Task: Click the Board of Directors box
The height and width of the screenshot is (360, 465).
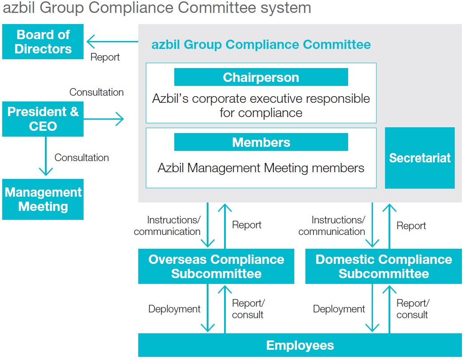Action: pos(43,42)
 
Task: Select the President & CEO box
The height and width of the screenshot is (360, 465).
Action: pos(43,119)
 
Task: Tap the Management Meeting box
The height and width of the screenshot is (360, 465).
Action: pos(43,199)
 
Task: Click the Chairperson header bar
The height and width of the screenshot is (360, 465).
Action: pos(261,77)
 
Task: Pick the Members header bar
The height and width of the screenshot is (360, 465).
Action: pos(261,142)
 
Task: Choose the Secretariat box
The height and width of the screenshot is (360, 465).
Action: pos(420,158)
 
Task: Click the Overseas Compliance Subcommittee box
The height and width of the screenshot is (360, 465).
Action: pos(216,267)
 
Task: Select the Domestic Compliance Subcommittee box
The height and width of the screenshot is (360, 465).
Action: pos(383,267)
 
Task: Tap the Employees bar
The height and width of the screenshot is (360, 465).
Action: pos(300,345)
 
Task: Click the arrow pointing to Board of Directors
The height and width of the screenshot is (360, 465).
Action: pos(111,42)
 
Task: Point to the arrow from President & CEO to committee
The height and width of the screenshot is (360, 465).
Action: pos(104,119)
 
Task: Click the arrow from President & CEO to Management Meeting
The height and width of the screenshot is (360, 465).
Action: pos(45,156)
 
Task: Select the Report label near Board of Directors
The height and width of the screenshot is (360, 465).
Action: pos(105,57)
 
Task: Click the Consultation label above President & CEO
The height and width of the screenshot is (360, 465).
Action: pos(96,93)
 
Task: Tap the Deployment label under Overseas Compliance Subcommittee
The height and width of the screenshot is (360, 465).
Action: pos(174,309)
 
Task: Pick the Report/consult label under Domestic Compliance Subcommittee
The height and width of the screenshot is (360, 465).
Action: pos(413,309)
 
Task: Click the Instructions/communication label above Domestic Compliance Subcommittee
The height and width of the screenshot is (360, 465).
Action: pos(332,226)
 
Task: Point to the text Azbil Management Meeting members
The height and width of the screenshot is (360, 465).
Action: pos(261,168)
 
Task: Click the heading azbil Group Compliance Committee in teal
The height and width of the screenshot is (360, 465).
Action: pos(261,44)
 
